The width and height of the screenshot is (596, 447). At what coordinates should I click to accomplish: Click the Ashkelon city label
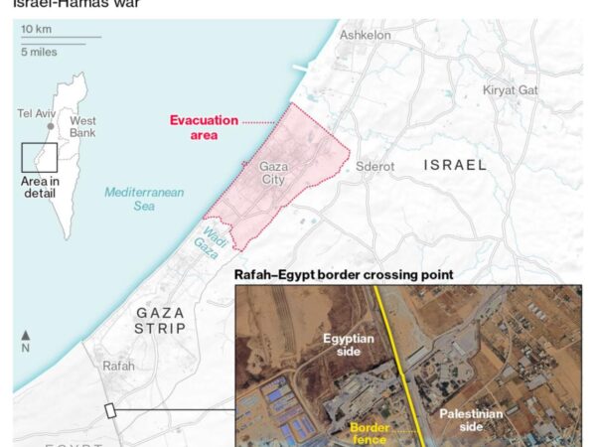[366, 36]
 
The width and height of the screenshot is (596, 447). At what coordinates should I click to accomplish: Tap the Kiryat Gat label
[511, 90]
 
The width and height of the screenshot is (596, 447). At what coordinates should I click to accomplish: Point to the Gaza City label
[273, 175]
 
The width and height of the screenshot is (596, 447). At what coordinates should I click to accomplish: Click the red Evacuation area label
[204, 126]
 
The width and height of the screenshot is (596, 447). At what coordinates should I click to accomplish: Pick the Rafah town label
[118, 366]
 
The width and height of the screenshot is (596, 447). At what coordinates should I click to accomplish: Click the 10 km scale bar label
[37, 30]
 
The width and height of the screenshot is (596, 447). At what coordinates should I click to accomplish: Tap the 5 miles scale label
[39, 49]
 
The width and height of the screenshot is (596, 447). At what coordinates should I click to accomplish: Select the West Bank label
[82, 127]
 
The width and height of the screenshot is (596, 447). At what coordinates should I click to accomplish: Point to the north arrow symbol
[25, 340]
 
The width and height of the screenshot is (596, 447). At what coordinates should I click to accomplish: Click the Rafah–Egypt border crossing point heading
[344, 274]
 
